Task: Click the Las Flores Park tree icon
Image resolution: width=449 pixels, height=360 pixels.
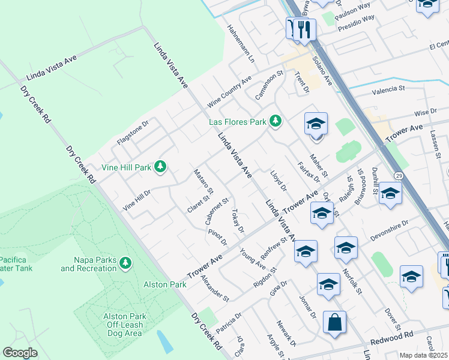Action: pyautogui.click(x=276, y=122)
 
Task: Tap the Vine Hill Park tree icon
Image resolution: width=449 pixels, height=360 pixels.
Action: pyautogui.click(x=160, y=166)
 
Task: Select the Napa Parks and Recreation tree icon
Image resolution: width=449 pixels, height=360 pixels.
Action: pyautogui.click(x=125, y=263)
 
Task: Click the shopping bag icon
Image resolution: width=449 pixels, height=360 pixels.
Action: pyautogui.click(x=334, y=322)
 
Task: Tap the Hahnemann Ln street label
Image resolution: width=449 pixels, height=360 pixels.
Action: pyautogui.click(x=241, y=44)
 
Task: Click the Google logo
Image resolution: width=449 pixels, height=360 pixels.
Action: pyautogui.click(x=20, y=353)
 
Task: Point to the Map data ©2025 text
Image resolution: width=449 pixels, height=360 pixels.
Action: pyautogui.click(x=423, y=355)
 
